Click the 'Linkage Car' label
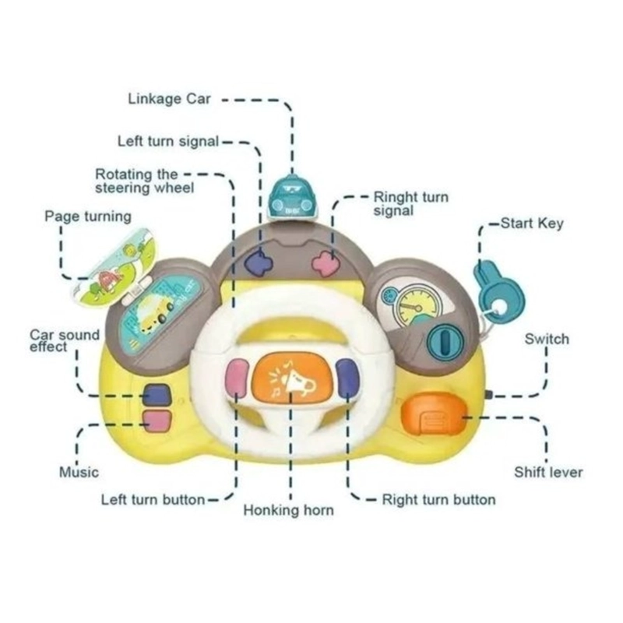tap(169, 99)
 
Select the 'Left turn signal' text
tap(168, 141)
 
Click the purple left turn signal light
tap(259, 263)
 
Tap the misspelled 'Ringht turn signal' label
tap(411, 203)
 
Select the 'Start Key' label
tap(532, 224)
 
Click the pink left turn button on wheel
tap(238, 378)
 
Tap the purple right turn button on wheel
tap(347, 378)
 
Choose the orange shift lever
tap(434, 414)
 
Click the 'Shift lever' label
tap(548, 472)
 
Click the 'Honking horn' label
tap(288, 510)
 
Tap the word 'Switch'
tap(547, 339)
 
